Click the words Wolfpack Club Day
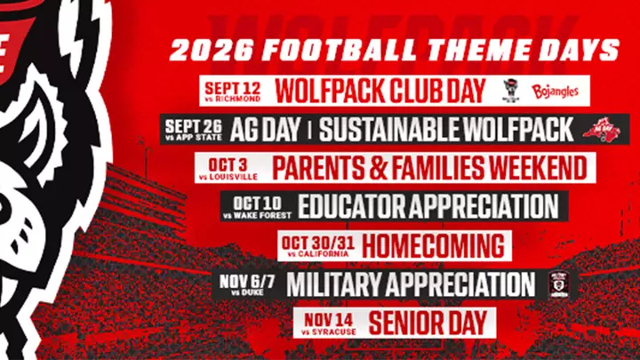(x=380, y=91)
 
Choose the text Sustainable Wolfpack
(x=446, y=130)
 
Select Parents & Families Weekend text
(x=428, y=167)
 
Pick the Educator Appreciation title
(x=428, y=205)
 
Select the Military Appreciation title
(x=411, y=284)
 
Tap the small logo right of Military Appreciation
(x=559, y=284)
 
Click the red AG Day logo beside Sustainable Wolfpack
(x=602, y=130)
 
